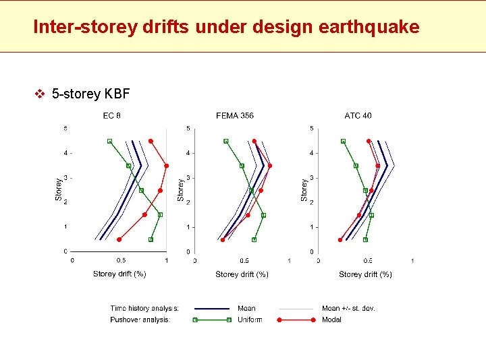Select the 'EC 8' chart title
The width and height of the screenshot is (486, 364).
point(112,115)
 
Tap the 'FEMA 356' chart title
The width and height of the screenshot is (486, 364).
point(235,115)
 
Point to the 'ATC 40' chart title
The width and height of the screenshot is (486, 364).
point(358,115)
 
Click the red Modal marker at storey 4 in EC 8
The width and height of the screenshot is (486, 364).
point(167,165)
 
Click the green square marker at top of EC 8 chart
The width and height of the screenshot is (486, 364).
point(109,141)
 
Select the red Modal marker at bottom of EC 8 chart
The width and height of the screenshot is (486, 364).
point(119,239)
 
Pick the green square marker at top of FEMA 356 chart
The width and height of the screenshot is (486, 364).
point(226,141)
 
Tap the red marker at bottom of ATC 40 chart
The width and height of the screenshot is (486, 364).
point(340,239)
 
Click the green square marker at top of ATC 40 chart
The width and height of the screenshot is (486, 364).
point(344,141)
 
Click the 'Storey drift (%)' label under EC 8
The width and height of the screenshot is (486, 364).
point(119,274)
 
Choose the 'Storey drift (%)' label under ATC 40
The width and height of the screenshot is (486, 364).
point(365,274)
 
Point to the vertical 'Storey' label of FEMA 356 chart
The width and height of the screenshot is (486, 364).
point(180,189)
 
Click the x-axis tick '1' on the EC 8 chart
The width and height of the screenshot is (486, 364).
point(167,260)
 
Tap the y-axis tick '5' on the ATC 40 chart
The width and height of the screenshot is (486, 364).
point(311,128)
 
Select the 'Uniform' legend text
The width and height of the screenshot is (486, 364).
point(250,320)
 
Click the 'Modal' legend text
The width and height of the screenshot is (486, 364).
point(331,320)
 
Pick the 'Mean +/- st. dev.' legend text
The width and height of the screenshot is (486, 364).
point(348,308)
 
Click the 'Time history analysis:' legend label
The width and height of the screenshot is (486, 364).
point(144,308)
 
